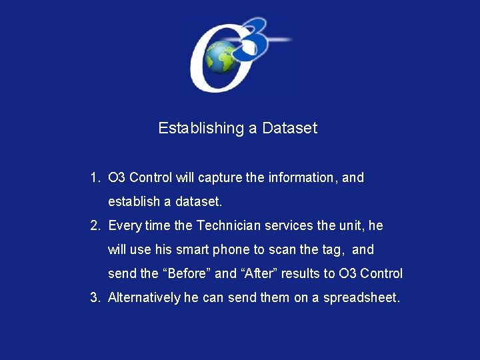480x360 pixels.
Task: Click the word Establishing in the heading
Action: (x=201, y=128)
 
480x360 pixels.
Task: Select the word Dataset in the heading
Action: (x=290, y=128)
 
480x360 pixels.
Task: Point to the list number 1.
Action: (x=94, y=178)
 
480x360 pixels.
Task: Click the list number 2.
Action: (x=94, y=226)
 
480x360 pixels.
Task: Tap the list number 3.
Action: (x=94, y=298)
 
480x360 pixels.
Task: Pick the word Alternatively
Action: (x=144, y=298)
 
